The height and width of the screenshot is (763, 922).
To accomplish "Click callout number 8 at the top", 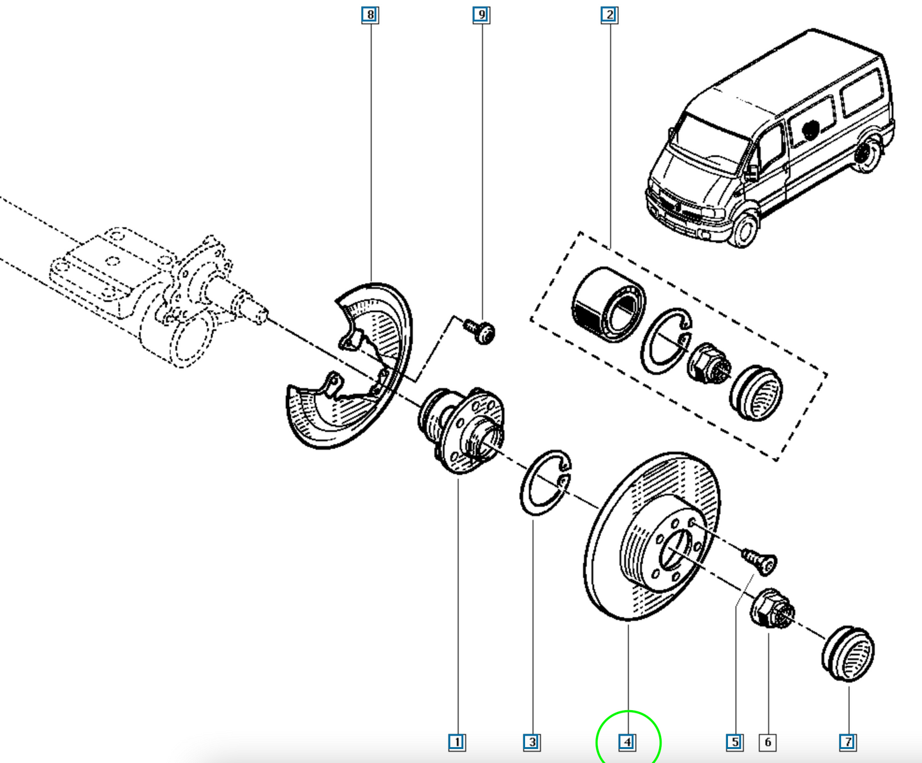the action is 370,15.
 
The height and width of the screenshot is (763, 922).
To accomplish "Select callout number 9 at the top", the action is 481,15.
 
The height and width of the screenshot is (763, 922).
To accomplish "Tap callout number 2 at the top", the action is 609,15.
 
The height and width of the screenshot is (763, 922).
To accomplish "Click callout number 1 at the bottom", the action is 457,742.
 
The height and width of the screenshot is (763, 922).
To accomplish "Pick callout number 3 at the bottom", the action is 532,742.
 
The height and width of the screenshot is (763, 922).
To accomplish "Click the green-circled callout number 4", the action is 627,742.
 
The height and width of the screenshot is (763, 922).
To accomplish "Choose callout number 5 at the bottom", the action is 735,742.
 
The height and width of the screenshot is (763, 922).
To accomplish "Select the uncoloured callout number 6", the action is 768,742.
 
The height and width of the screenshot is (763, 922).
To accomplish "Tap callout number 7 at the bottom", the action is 848,742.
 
